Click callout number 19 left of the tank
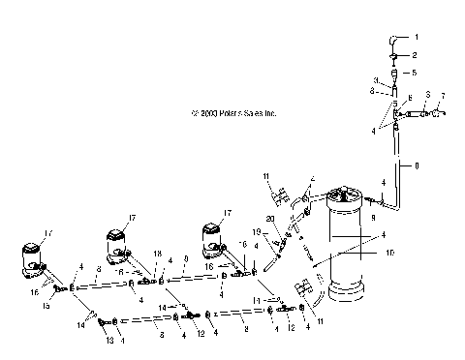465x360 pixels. pyautogui.click(x=258, y=232)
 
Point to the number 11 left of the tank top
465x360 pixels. pyautogui.click(x=264, y=174)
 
